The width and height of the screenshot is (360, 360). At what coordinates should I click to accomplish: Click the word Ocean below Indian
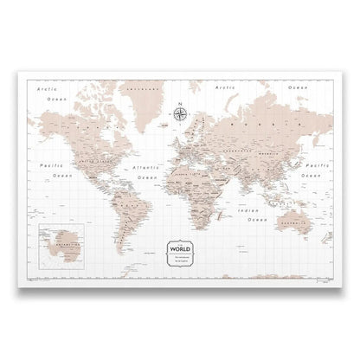point(256,220)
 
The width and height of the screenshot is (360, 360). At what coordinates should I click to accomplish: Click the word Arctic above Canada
point(41,88)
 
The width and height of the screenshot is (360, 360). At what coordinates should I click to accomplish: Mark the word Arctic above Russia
point(227,88)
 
